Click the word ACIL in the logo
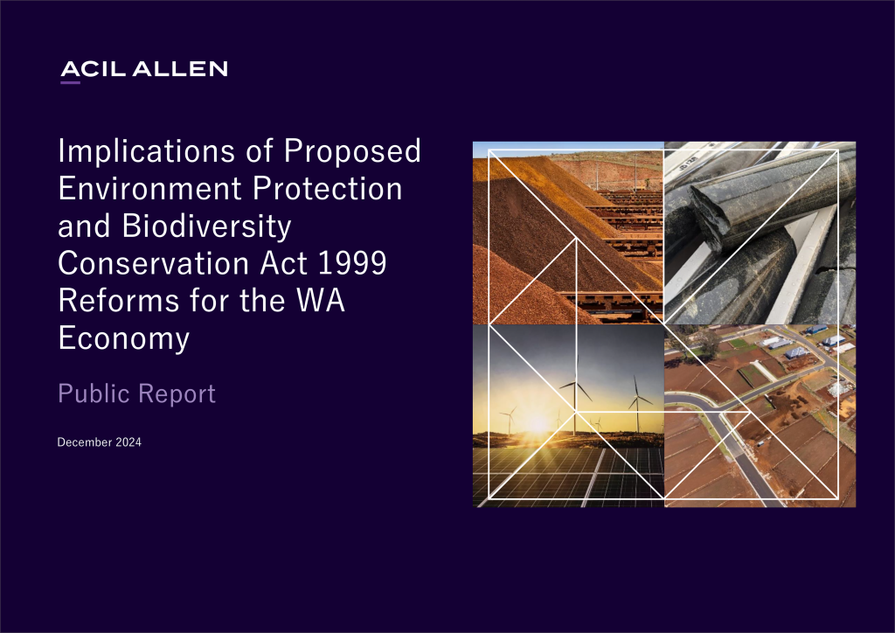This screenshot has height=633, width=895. tap(93, 69)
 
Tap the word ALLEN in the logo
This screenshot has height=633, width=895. tap(180, 69)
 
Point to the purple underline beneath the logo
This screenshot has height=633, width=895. tap(70, 83)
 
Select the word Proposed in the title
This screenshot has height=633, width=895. tap(352, 151)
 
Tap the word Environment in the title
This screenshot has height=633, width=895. tap(150, 188)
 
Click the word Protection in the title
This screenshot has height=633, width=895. tap(328, 188)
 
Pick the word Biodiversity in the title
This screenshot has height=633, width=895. tap(206, 226)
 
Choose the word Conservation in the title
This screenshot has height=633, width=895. tap(154, 263)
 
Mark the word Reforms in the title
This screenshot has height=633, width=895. tap(119, 300)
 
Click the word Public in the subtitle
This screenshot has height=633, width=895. tap(94, 393)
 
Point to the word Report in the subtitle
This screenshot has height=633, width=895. tap(177, 394)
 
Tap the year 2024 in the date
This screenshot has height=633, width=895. tap(128, 442)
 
